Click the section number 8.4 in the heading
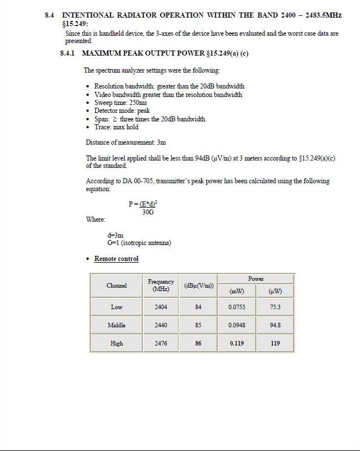pos(50,15)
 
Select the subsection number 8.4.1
pos(68,53)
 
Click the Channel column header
pos(116,285)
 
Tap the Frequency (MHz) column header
pos(161,285)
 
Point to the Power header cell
pos(256,279)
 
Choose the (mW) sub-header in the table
pos(236,292)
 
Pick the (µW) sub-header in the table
pos(275,292)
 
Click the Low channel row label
pos(116,307)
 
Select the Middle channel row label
pos(116,325)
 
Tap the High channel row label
pos(116,343)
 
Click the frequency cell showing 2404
pos(161,307)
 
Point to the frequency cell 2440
pos(161,325)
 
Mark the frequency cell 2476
pos(161,343)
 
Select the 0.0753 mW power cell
pos(236,307)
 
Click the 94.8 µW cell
pos(275,325)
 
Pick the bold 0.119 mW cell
pos(236,343)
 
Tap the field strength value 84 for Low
pos(198,307)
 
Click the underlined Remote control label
pos(116,259)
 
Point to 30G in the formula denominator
pos(148,212)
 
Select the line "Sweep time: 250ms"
pos(120,103)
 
